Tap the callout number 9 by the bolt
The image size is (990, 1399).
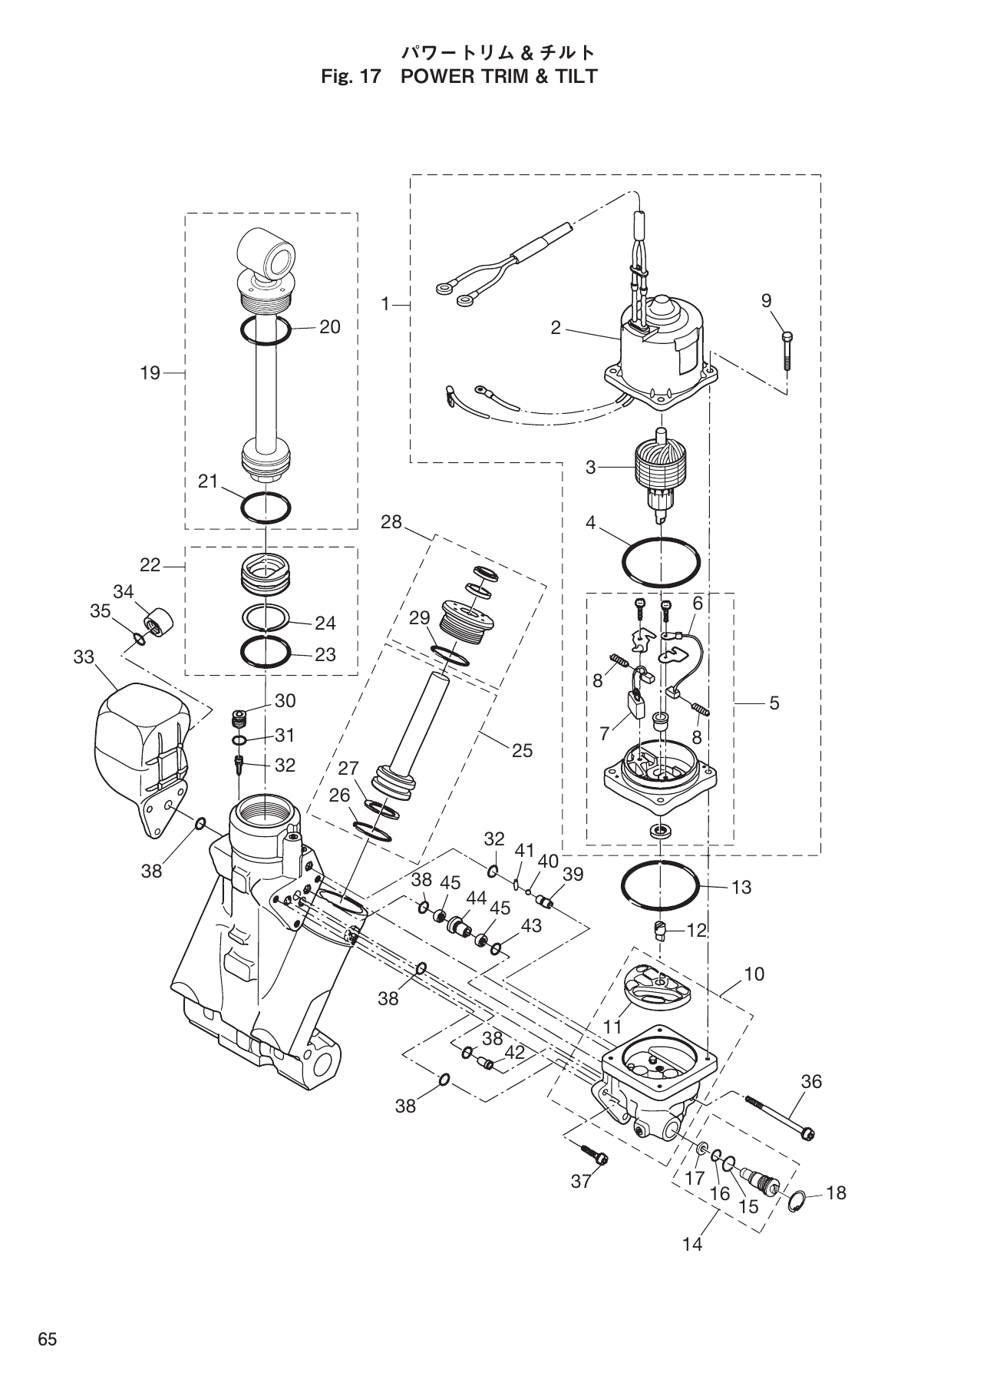click(766, 301)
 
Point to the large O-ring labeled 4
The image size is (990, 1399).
click(661, 563)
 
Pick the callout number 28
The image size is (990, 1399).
click(391, 522)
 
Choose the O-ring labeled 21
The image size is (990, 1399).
click(266, 508)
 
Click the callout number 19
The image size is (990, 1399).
click(150, 373)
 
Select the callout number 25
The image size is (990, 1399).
click(522, 750)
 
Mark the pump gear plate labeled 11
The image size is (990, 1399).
click(656, 991)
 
